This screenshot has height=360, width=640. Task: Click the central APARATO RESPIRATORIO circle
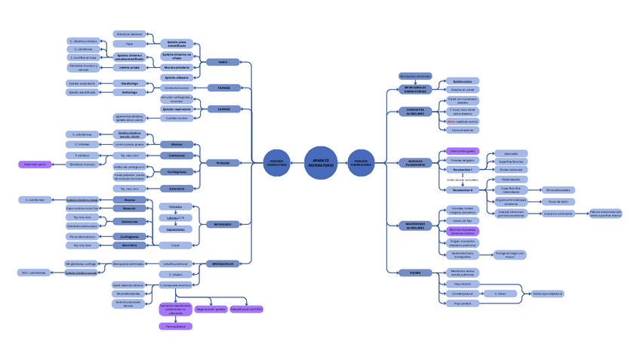click(x=319, y=161)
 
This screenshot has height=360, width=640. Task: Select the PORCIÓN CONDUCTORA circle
click(x=276, y=162)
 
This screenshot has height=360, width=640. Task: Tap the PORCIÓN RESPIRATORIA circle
click(x=361, y=162)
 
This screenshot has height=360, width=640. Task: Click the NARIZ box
click(x=223, y=62)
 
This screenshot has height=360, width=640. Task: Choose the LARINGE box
click(x=223, y=109)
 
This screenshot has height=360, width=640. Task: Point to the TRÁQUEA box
click(x=223, y=162)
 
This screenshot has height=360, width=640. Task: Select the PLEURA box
click(x=415, y=273)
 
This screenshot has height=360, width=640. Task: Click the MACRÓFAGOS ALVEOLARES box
click(x=415, y=225)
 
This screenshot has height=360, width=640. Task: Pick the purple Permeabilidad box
click(x=175, y=326)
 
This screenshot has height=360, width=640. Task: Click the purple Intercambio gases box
click(x=462, y=151)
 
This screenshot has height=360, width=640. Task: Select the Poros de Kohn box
click(x=558, y=202)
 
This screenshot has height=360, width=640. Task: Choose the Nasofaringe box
click(x=129, y=83)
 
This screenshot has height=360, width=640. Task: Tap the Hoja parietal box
click(x=457, y=303)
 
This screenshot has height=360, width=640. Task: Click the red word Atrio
click(x=451, y=121)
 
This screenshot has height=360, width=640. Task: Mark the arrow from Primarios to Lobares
click(x=175, y=211)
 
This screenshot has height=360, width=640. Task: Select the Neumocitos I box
click(x=462, y=170)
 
